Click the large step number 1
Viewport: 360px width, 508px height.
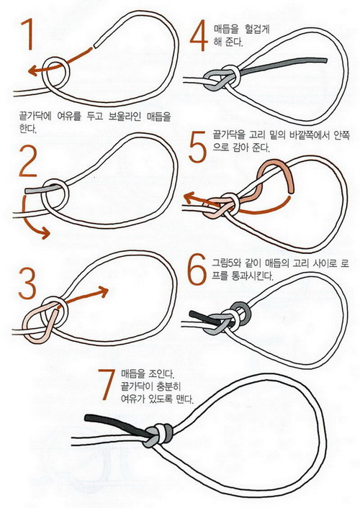tap(28, 35)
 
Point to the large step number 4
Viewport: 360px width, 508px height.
tap(199, 35)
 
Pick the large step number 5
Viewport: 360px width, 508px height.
tap(197, 147)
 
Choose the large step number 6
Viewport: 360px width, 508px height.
tap(197, 269)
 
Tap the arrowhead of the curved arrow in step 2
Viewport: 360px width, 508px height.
tap(45, 232)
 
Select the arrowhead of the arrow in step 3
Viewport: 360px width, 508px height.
tap(103, 291)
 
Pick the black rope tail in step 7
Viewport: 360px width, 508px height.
tap(115, 423)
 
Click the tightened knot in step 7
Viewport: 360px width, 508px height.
tap(157, 435)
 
